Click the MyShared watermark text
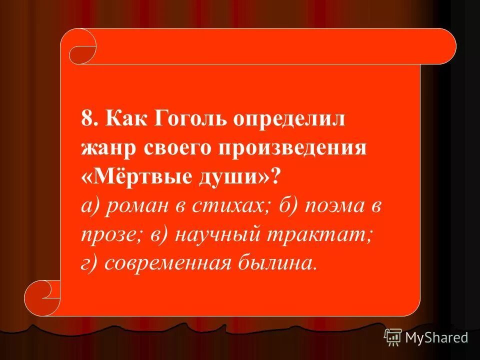(x=436, y=338)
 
